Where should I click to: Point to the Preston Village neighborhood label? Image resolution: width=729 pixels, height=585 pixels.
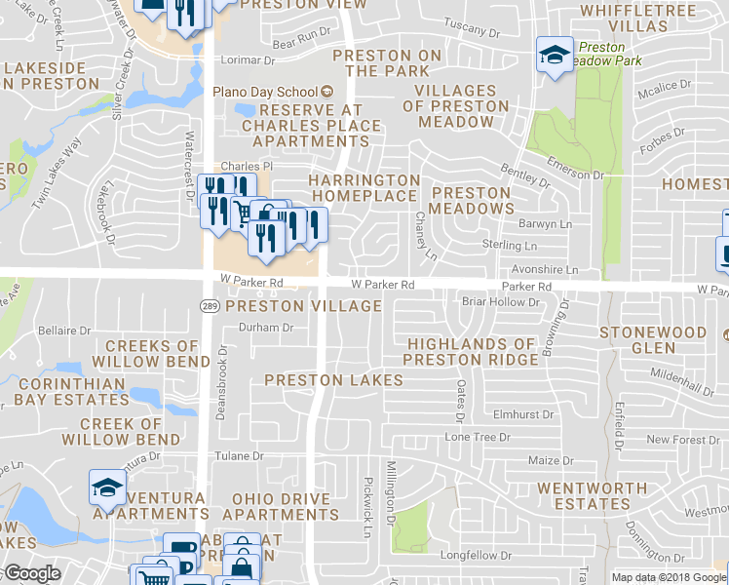point(303,306)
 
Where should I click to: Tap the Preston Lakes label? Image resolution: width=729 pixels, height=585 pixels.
point(333,379)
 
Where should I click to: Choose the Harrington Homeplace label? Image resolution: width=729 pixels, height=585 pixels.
point(364,188)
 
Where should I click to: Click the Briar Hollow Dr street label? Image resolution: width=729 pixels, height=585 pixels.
point(500,302)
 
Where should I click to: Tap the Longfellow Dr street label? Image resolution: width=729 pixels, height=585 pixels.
point(478,556)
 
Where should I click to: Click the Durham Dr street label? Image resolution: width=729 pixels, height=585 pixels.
point(266,328)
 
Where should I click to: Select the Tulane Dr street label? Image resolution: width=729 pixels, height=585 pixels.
point(240,455)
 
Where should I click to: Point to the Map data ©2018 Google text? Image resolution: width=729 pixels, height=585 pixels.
point(669,577)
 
